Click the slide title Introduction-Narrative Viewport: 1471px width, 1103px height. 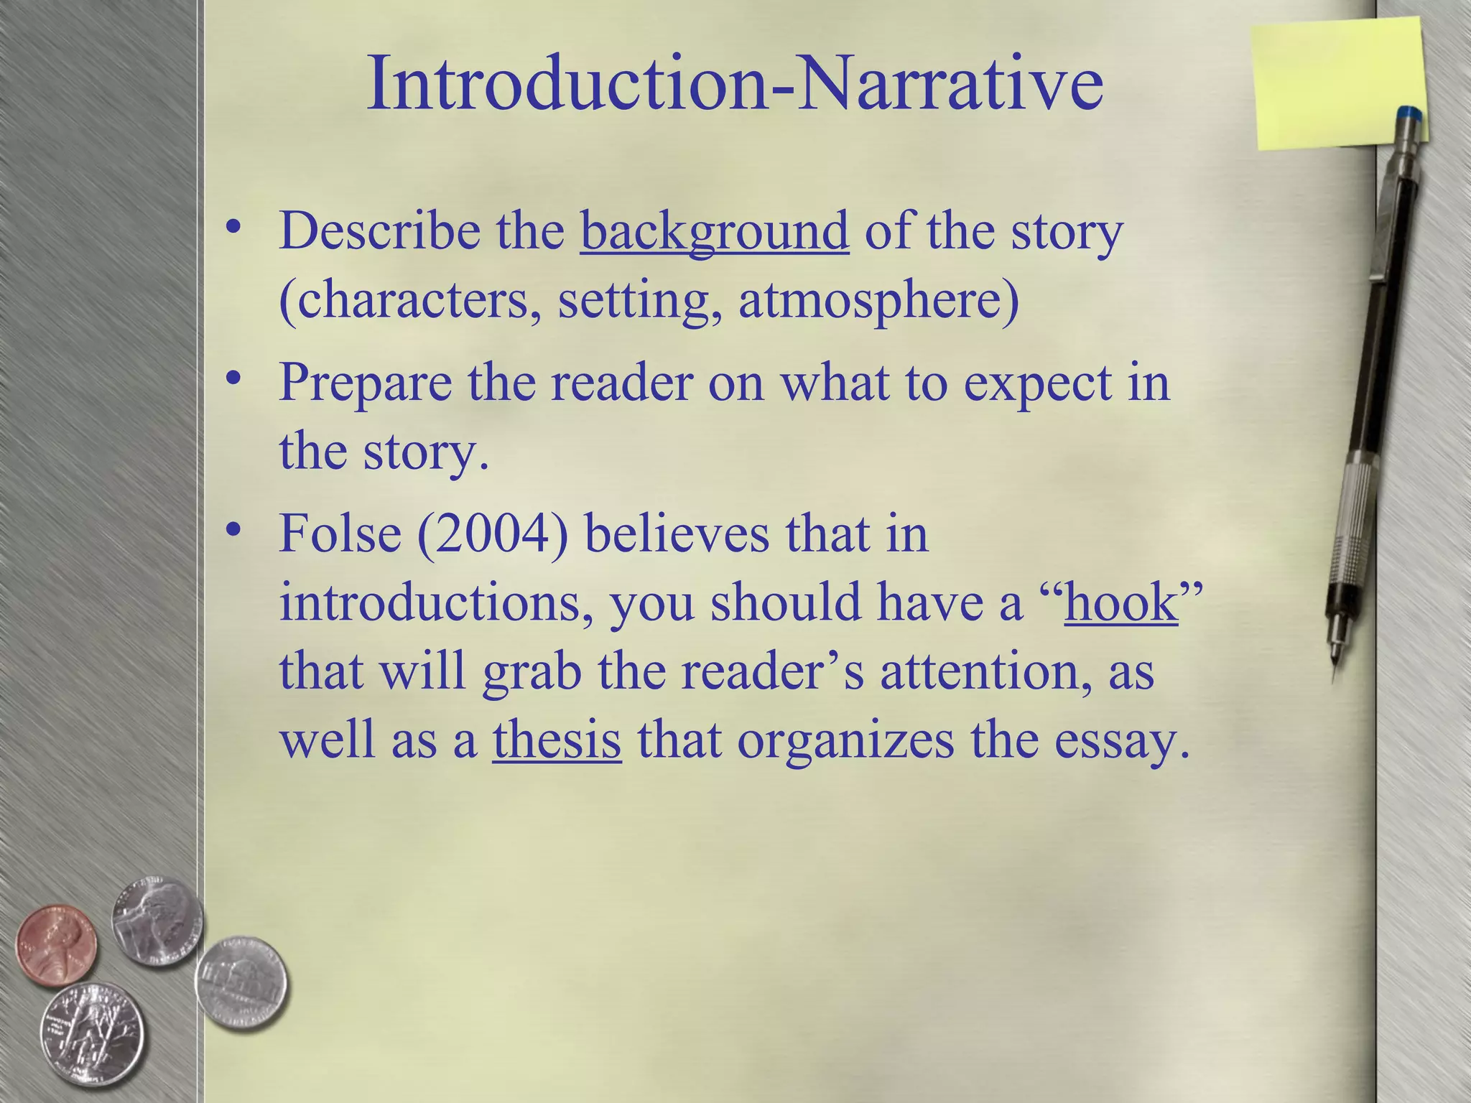734,85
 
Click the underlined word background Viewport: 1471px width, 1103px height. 715,232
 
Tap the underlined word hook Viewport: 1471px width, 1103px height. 1120,602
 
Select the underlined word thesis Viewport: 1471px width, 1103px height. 557,740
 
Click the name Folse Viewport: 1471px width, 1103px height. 340,534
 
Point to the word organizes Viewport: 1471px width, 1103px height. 845,740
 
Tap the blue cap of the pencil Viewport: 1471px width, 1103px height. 1409,115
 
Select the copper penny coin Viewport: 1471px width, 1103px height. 56,943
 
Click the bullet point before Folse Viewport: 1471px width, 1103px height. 232,530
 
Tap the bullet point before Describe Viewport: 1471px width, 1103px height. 232,228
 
